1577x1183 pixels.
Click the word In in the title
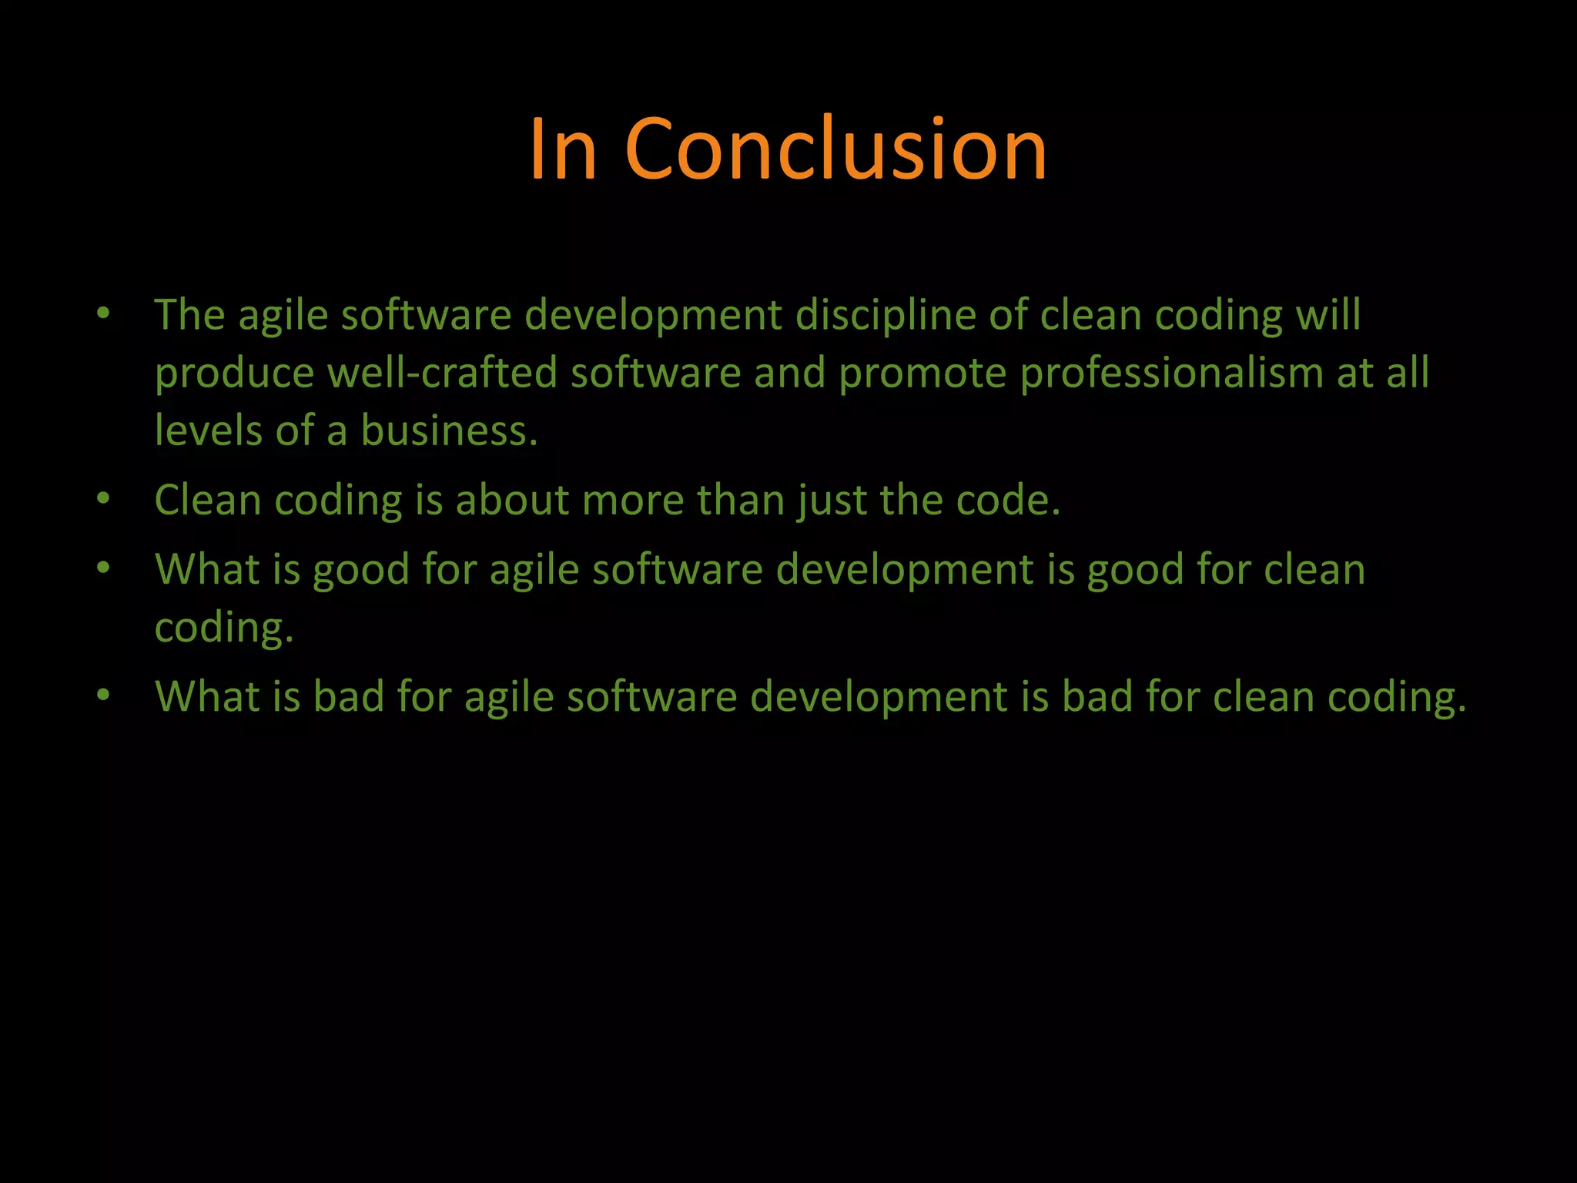click(563, 150)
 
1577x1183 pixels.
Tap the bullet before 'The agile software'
click(104, 313)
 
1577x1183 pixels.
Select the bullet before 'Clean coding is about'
click(104, 498)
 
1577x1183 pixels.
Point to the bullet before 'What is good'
click(104, 568)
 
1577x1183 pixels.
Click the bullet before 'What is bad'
click(104, 695)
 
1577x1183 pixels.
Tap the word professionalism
click(1171, 374)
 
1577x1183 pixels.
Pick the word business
click(449, 431)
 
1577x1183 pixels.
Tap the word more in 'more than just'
click(632, 501)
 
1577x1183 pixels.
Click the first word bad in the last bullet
click(348, 696)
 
